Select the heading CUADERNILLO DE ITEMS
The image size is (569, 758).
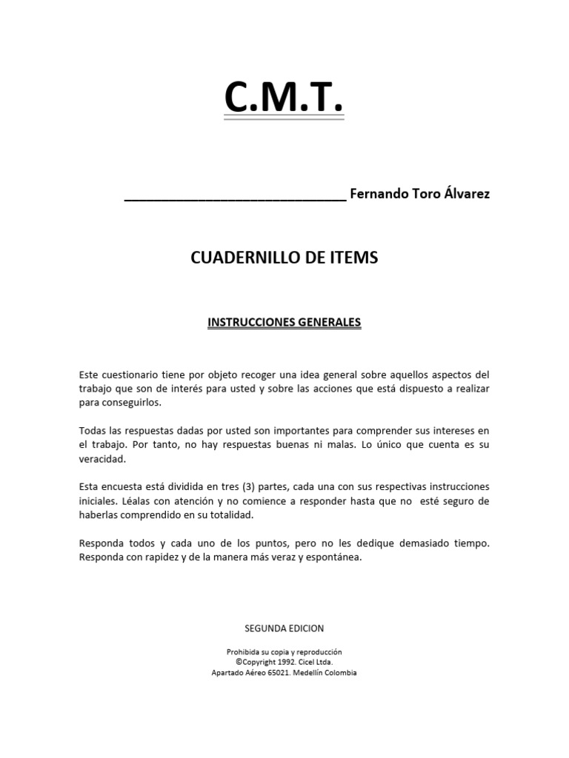(x=284, y=258)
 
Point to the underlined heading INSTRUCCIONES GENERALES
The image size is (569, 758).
(x=284, y=323)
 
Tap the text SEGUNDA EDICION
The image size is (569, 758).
(x=284, y=628)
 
